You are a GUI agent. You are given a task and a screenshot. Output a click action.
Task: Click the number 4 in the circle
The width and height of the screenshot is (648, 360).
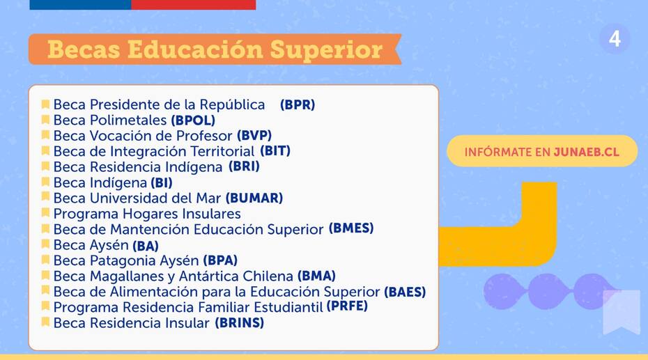pyautogui.click(x=615, y=39)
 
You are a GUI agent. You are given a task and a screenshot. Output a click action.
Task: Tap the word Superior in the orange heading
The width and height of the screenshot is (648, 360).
pyautogui.click(x=326, y=50)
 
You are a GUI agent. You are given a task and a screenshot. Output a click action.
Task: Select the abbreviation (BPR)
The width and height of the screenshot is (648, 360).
pyautogui.click(x=298, y=104)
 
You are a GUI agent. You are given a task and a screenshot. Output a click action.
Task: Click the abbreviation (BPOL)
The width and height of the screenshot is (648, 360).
pyautogui.click(x=193, y=120)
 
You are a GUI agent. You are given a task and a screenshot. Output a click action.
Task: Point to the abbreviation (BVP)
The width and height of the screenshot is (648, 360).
pyautogui.click(x=254, y=135)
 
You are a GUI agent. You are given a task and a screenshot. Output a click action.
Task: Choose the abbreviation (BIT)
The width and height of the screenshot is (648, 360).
pyautogui.click(x=275, y=150)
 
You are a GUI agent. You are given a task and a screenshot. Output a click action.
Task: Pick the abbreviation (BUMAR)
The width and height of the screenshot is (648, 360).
pyautogui.click(x=254, y=198)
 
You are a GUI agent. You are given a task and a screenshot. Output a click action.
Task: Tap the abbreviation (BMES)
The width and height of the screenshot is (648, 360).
pyautogui.click(x=351, y=228)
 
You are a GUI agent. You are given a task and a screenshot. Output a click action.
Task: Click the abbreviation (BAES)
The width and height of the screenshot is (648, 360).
pyautogui.click(x=405, y=292)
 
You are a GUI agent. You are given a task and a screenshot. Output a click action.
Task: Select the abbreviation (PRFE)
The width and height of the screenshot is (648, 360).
pyautogui.click(x=347, y=306)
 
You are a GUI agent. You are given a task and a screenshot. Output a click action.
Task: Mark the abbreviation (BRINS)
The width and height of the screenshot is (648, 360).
pyautogui.click(x=239, y=323)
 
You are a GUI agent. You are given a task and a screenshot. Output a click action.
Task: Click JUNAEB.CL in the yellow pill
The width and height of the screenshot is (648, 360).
pyautogui.click(x=587, y=152)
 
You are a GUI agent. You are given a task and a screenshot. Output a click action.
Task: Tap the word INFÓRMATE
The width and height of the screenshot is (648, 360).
pyautogui.click(x=498, y=152)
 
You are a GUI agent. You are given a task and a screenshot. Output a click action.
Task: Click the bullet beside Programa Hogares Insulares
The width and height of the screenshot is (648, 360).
pyautogui.click(x=45, y=213)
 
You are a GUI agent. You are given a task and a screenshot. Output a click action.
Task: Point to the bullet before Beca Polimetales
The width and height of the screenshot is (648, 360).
pyautogui.click(x=45, y=120)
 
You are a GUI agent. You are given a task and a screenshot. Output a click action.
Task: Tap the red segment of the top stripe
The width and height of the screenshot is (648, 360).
pyautogui.click(x=194, y=5)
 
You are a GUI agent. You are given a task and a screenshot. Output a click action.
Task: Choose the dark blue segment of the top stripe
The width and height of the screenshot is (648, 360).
pyautogui.click(x=81, y=5)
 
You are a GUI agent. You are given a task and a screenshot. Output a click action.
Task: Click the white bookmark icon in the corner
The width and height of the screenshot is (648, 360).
pyautogui.click(x=622, y=311)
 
